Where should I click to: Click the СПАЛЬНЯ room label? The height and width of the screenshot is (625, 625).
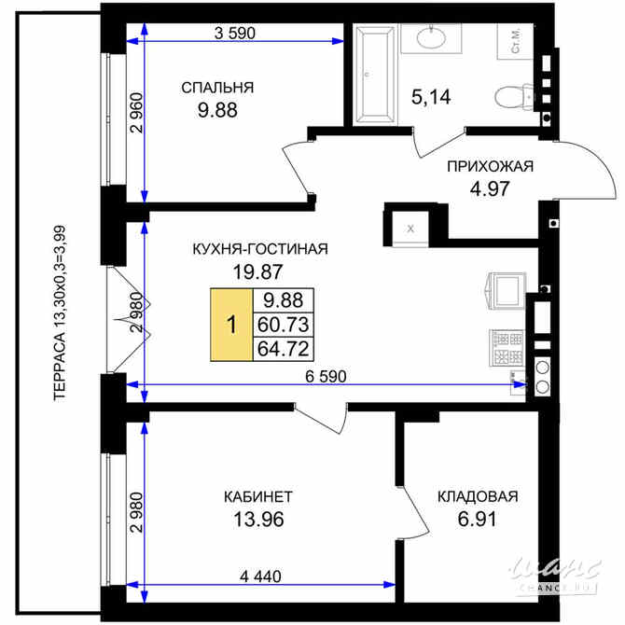pos(217,88)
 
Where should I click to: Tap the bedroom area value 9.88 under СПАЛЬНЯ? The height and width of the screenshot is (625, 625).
pos(217,110)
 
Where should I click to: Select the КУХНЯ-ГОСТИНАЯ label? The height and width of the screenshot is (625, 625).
pos(260,249)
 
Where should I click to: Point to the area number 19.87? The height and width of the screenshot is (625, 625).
pos(257,271)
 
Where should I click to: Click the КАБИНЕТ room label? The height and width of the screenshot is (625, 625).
pos(258,496)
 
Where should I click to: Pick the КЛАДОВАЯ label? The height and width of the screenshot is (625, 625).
pos(478,496)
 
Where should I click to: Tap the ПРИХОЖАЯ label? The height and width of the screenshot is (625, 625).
pos(490,166)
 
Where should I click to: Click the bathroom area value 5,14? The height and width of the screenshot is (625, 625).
pos(431,97)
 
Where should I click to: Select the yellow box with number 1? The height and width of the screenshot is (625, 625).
pos(231,325)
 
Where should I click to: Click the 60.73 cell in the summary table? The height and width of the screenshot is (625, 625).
pos(284,325)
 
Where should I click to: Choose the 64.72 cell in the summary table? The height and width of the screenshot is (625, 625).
pos(284,349)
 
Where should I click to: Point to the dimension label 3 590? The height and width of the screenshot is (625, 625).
pos(235,33)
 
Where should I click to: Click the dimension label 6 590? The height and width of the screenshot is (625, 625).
pos(326,376)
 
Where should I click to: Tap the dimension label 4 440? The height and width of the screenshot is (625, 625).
pos(260,576)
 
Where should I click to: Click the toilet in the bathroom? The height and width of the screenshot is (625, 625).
pos(514,97)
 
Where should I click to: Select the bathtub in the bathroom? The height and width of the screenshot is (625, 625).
pos(375,75)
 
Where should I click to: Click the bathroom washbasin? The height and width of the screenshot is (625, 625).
pos(431,38)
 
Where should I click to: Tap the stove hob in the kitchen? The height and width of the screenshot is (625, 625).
pos(507,348)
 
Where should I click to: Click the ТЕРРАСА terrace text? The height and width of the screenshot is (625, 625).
pos(60,312)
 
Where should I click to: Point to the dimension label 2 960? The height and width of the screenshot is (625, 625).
pos(137,113)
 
